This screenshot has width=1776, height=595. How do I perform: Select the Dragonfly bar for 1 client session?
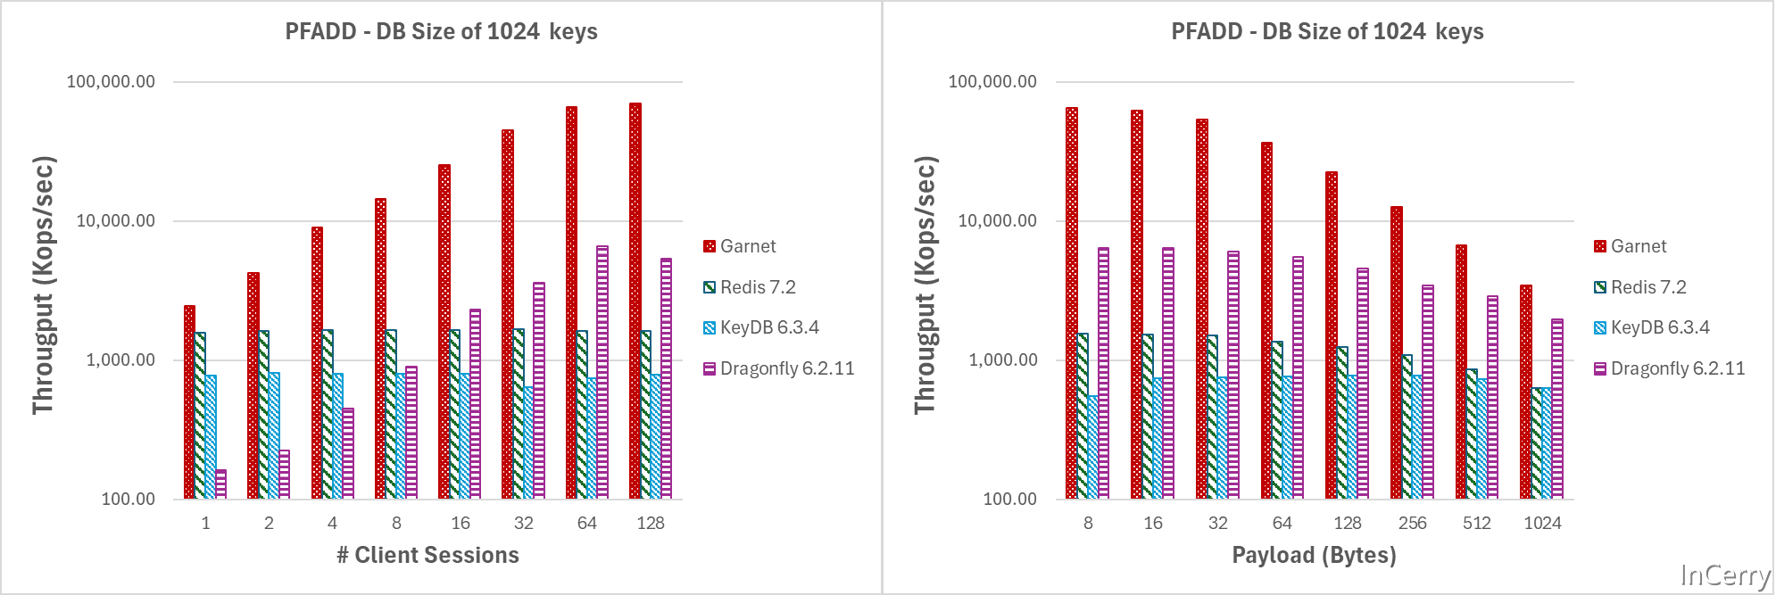(x=221, y=484)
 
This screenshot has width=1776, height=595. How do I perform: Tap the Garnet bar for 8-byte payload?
(x=1071, y=303)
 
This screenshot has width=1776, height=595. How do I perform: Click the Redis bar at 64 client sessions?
(x=582, y=415)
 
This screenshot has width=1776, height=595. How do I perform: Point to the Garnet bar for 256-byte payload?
(x=1396, y=352)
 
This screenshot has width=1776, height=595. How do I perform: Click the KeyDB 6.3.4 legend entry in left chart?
(x=768, y=327)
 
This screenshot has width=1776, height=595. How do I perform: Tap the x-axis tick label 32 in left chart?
(x=524, y=524)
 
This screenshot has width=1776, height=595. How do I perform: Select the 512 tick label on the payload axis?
(x=1477, y=524)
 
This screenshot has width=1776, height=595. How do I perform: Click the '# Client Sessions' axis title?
(x=427, y=555)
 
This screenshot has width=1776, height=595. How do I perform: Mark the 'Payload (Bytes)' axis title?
(x=1314, y=555)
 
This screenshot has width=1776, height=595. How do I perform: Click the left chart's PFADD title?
(x=441, y=32)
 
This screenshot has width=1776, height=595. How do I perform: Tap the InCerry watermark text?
(x=1725, y=575)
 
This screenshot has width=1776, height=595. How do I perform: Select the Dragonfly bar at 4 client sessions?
(x=348, y=453)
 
